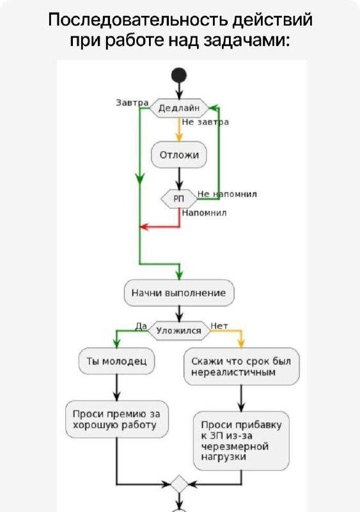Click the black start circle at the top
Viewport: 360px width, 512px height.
(x=179, y=76)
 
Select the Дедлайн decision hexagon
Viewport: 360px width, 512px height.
(x=179, y=108)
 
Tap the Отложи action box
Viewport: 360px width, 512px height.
(x=179, y=155)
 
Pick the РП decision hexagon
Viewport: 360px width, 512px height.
(x=179, y=198)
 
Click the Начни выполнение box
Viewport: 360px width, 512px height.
(x=179, y=292)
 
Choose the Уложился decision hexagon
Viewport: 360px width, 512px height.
(x=179, y=331)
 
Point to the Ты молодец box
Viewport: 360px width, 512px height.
(x=116, y=361)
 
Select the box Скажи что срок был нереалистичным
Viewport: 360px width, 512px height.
(x=242, y=366)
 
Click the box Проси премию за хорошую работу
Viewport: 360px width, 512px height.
(x=117, y=419)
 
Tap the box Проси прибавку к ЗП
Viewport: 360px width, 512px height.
(x=241, y=441)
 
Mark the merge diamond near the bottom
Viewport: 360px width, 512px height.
(x=179, y=484)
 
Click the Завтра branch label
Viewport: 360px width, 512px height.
(x=132, y=102)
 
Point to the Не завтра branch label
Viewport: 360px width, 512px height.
(x=205, y=122)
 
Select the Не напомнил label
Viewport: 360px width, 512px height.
(x=227, y=194)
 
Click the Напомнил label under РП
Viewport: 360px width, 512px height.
(x=205, y=213)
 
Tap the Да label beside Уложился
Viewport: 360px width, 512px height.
(x=141, y=326)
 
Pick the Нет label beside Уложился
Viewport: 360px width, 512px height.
(x=219, y=326)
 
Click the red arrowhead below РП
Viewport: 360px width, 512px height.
(x=144, y=227)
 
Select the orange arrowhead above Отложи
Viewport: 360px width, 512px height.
(x=179, y=137)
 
